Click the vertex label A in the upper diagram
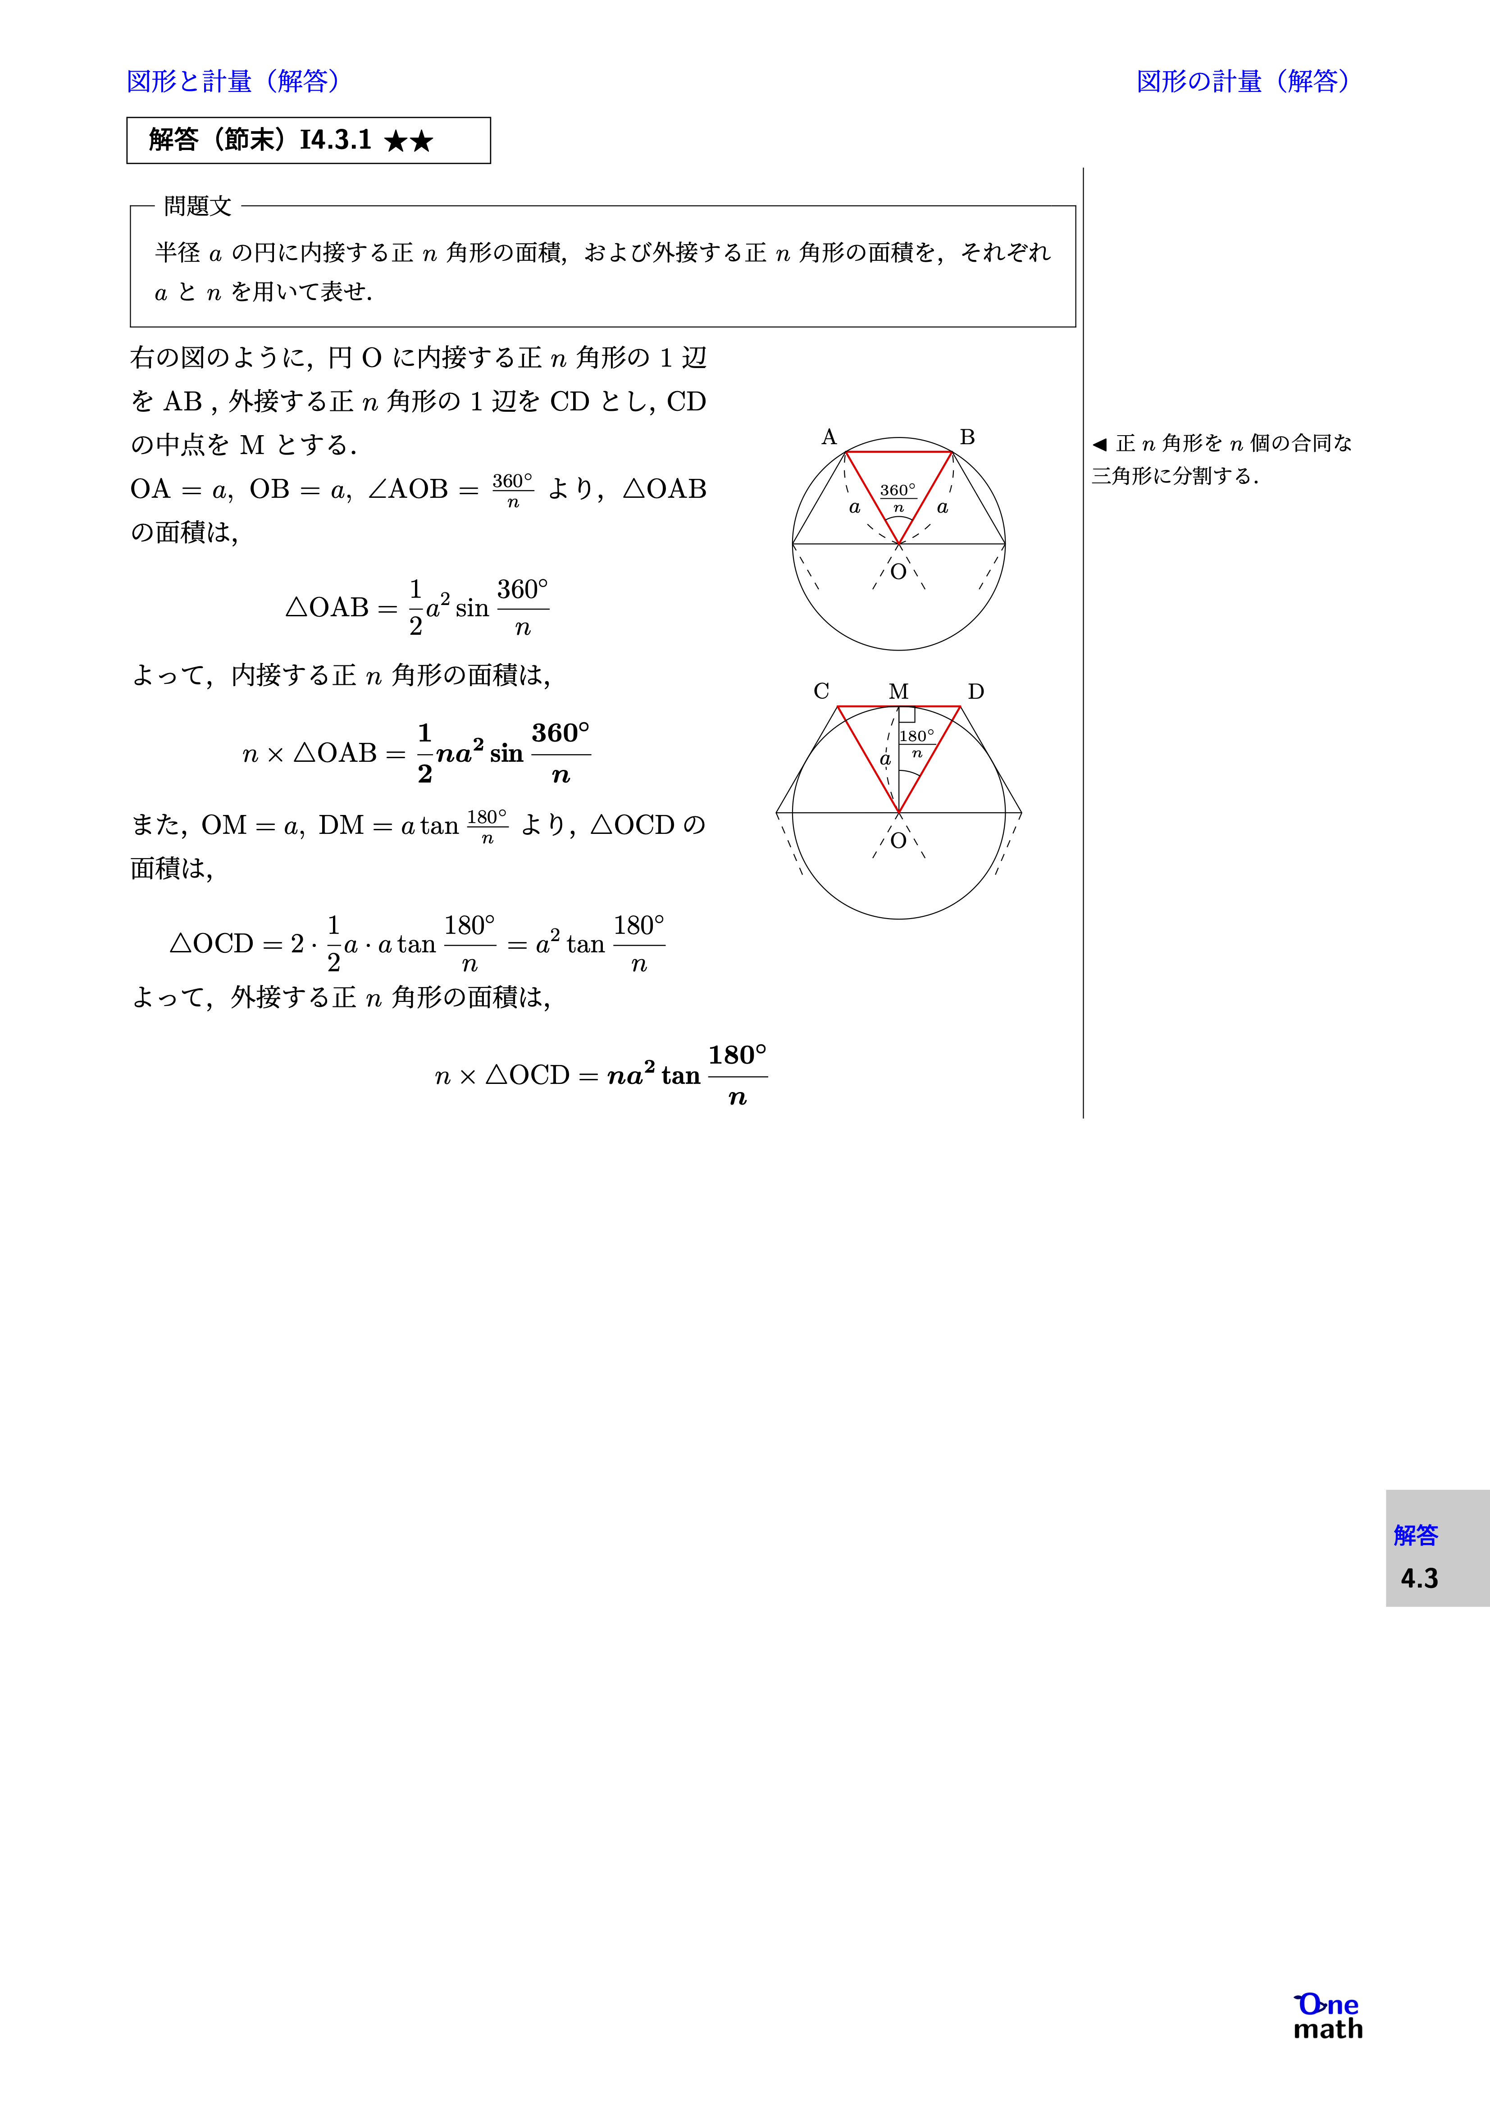coord(829,437)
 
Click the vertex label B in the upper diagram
coord(967,437)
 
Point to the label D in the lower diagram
coord(976,691)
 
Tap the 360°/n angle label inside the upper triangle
coord(898,497)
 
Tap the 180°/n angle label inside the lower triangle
coord(916,743)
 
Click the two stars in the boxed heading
coord(409,141)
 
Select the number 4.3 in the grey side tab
coord(1418,1579)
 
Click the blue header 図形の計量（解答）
coord(1243,82)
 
